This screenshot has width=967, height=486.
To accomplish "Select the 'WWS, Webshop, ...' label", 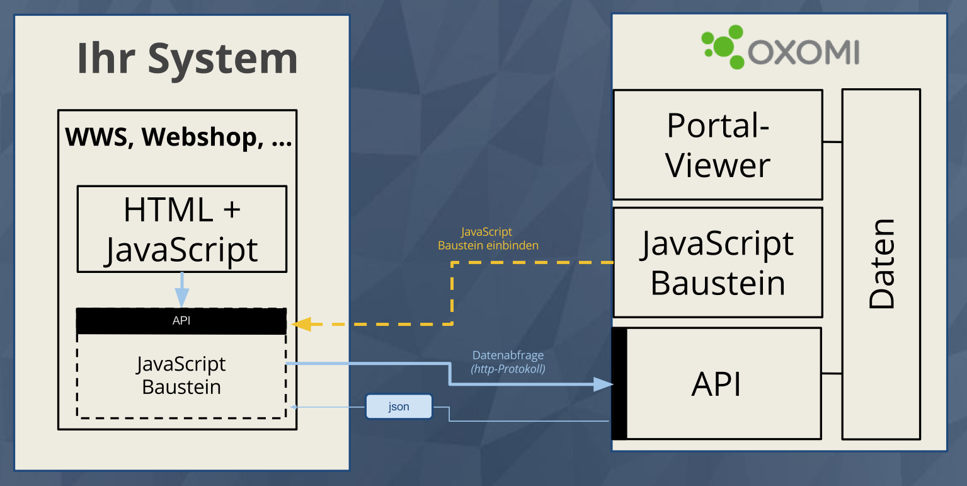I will pyautogui.click(x=178, y=137).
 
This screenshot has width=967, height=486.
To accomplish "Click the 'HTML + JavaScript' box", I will pyautogui.click(x=181, y=228).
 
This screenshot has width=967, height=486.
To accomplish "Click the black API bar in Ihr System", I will pyautogui.click(x=181, y=321).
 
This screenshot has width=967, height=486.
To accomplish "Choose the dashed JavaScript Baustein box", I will pyautogui.click(x=181, y=376).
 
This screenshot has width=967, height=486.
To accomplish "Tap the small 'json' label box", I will pyautogui.click(x=399, y=407).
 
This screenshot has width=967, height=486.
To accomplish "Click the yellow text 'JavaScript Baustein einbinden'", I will pyautogui.click(x=488, y=239).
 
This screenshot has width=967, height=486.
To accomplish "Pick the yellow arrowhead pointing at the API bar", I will pyautogui.click(x=300, y=325).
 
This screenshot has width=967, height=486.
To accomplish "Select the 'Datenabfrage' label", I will pyautogui.click(x=508, y=356).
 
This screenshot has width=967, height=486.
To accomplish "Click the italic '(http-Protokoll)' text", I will pyautogui.click(x=508, y=369).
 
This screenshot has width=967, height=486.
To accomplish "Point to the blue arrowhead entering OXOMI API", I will pyautogui.click(x=604, y=384).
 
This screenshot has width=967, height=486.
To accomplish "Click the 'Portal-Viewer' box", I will pyautogui.click(x=718, y=145).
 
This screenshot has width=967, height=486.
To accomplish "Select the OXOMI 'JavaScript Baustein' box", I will pyautogui.click(x=718, y=262).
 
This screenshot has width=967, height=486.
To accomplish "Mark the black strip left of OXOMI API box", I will pyautogui.click(x=619, y=383).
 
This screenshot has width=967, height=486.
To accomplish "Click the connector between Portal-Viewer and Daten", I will pyautogui.click(x=832, y=142).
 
